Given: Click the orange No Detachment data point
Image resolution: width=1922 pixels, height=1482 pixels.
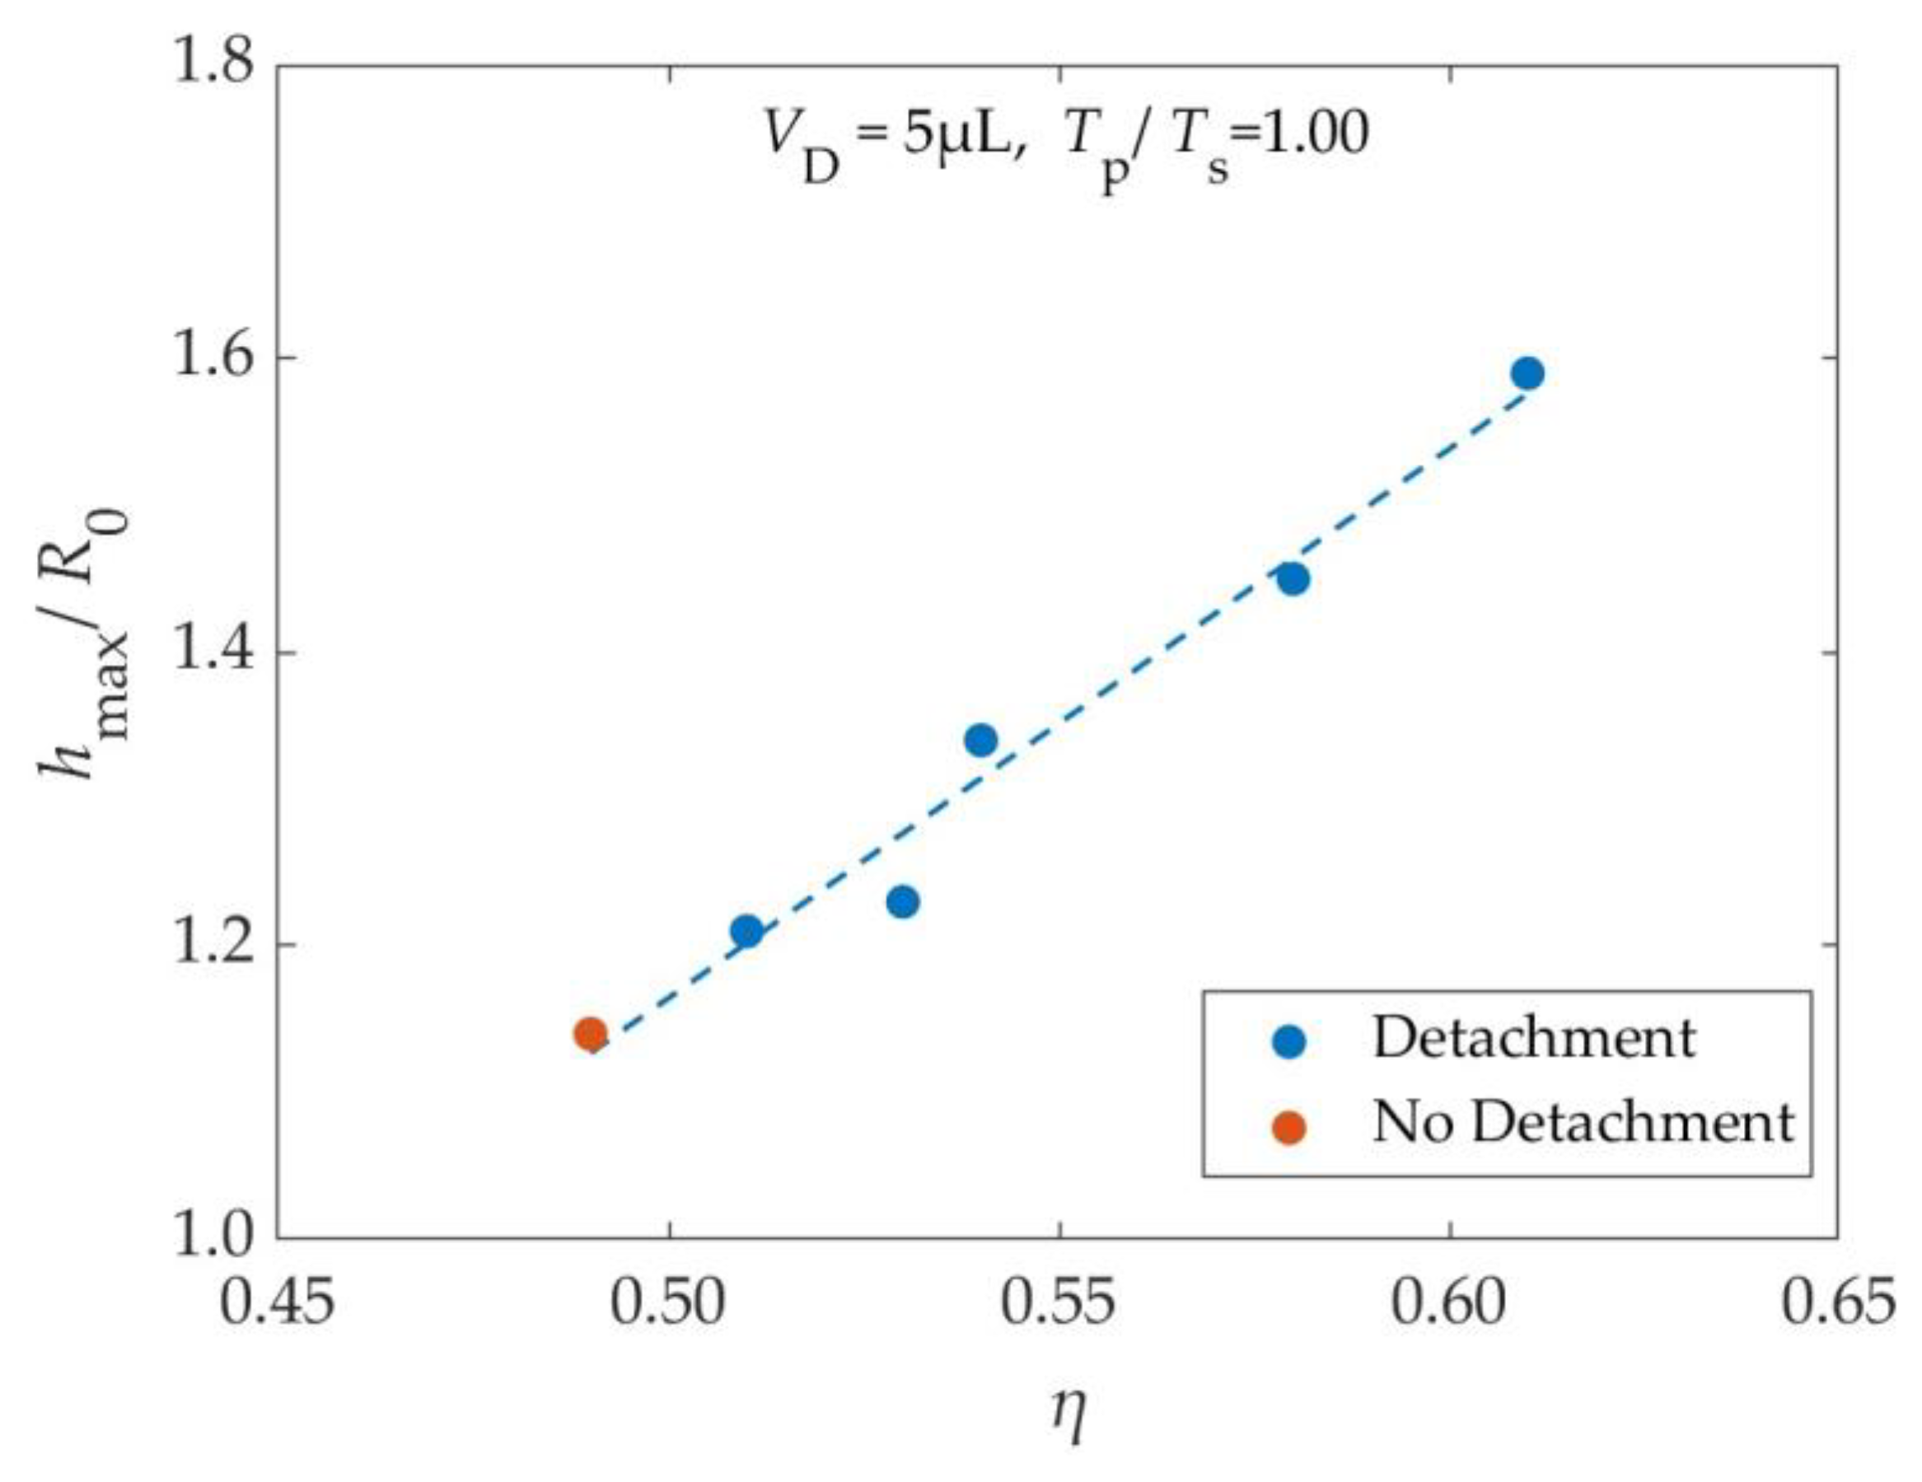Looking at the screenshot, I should click(x=591, y=1033).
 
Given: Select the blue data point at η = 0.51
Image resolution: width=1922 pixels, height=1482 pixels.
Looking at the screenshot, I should click(x=747, y=930).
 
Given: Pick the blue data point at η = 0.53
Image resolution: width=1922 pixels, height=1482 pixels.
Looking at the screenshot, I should click(x=903, y=901).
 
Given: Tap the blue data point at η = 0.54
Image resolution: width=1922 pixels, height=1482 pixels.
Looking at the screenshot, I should click(x=981, y=740).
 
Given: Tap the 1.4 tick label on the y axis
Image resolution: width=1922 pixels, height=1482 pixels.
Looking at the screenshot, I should click(x=212, y=652).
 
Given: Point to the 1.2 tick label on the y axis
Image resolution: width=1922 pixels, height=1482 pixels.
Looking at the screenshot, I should click(x=212, y=944).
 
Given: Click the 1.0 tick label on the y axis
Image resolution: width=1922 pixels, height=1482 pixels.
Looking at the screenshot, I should click(x=212, y=1237).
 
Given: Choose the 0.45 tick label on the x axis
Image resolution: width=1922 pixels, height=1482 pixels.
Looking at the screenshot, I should click(x=277, y=1303).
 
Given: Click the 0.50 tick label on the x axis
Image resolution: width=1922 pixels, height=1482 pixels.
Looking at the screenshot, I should click(x=669, y=1303).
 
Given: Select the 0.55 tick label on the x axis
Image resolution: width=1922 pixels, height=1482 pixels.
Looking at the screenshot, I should click(x=1059, y=1303).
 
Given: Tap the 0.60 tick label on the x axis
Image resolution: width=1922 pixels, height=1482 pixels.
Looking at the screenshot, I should click(x=1449, y=1303).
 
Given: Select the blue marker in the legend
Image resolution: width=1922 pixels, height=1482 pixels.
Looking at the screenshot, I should click(x=1290, y=1042).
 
